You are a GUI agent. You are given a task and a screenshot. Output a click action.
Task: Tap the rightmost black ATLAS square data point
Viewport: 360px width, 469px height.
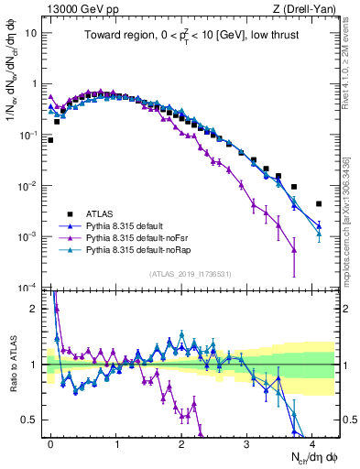tap(319, 204)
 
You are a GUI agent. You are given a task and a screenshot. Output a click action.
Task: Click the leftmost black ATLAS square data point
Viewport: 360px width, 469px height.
tap(50, 140)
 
